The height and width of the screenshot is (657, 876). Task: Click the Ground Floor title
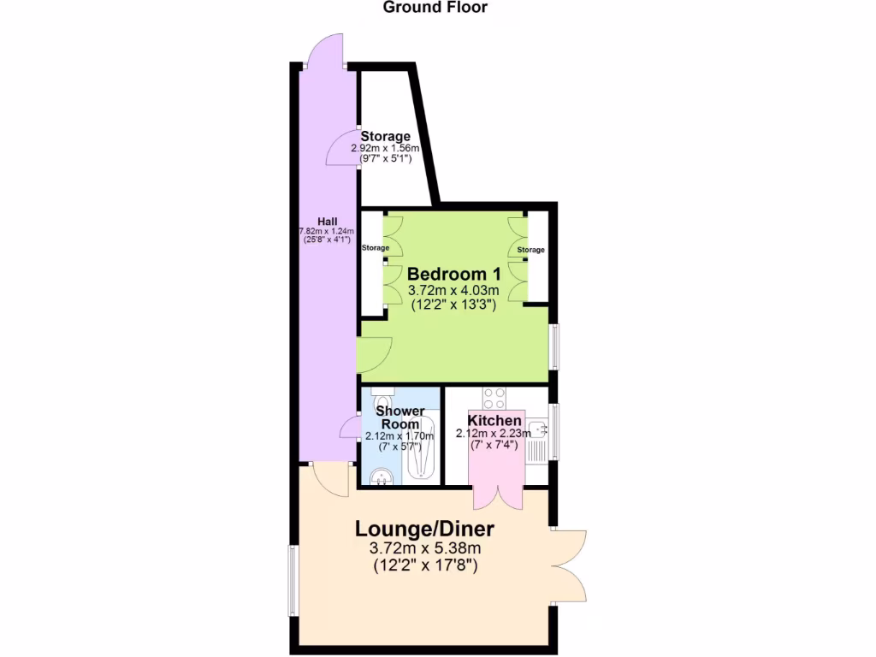click(x=435, y=8)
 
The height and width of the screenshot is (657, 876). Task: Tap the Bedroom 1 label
click(x=453, y=275)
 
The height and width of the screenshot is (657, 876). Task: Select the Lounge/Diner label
click(x=425, y=528)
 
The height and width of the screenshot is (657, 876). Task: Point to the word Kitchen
click(x=494, y=421)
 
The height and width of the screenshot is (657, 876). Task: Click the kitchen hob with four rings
click(x=494, y=398)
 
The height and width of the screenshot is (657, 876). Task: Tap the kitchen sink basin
click(x=537, y=428)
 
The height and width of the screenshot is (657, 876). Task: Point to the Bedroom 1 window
click(x=553, y=346)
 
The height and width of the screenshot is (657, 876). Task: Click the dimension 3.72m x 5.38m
click(x=425, y=548)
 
